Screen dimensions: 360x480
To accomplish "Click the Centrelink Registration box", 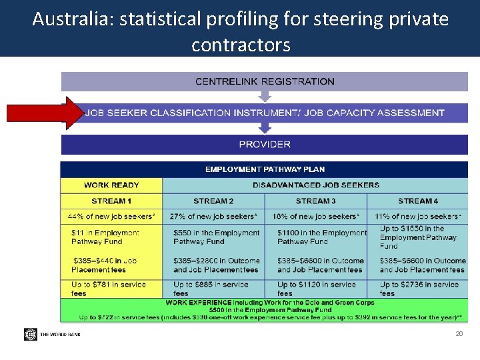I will click(x=265, y=81).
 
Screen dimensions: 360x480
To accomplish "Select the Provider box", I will click(x=265, y=144).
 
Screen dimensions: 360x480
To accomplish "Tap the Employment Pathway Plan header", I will click(x=265, y=169).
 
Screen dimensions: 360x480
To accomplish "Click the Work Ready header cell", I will click(x=111, y=185).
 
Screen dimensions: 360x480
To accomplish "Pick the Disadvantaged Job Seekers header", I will click(x=315, y=185).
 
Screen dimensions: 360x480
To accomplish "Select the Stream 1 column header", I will click(x=111, y=201).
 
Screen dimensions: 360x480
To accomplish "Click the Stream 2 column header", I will click(x=213, y=201).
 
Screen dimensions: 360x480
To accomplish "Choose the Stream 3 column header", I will click(x=315, y=201).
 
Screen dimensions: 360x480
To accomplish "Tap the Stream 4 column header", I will click(x=418, y=201).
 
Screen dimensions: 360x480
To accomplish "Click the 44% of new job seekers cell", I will click(x=111, y=216).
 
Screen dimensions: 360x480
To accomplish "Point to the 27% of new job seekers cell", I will click(x=213, y=216).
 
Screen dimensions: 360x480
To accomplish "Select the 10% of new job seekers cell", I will click(x=315, y=216).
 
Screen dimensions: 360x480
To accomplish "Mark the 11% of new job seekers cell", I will click(x=418, y=216).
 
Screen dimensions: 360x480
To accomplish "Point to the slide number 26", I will click(x=459, y=333).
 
